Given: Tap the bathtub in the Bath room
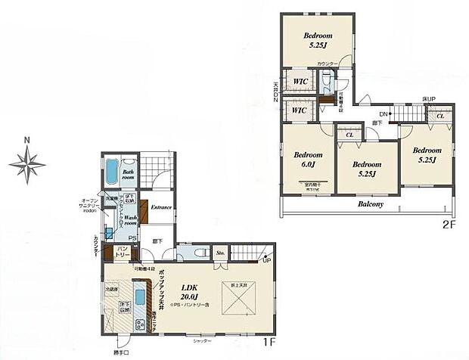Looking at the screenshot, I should [x=112, y=172].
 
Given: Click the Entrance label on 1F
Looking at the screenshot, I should [x=162, y=207].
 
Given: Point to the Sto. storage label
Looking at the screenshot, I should [x=221, y=253].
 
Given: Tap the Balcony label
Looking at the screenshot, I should [x=370, y=204].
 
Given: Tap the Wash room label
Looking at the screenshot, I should [x=130, y=220].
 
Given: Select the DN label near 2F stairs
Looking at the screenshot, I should [x=362, y=115].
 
